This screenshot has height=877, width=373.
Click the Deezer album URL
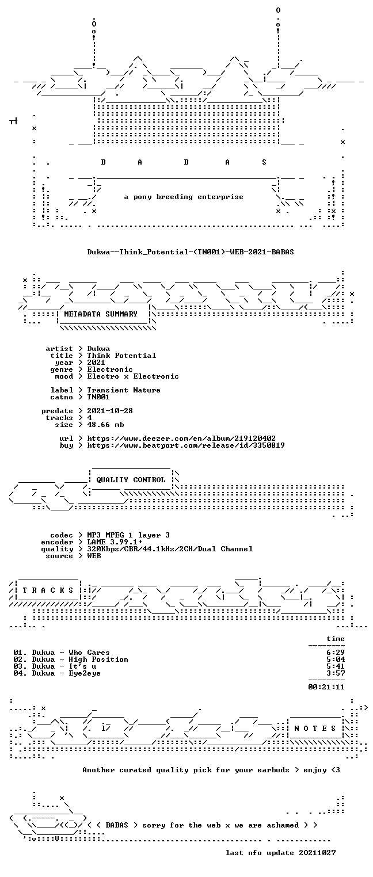click(x=181, y=439)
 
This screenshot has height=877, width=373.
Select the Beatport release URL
click(x=186, y=445)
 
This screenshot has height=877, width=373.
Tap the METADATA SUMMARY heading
click(x=101, y=314)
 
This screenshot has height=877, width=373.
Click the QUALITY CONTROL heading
click(x=131, y=480)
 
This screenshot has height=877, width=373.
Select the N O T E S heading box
click(x=315, y=729)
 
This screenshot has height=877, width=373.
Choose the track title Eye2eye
click(x=85, y=673)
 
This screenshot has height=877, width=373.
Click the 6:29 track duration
click(x=336, y=653)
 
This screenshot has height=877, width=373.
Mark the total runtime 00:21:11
click(x=326, y=687)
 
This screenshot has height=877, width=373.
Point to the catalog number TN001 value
click(x=98, y=397)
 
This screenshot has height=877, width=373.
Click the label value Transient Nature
click(x=124, y=390)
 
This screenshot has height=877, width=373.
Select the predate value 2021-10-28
click(x=110, y=411)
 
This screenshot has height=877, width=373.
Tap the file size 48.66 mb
click(x=105, y=425)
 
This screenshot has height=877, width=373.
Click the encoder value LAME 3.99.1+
click(x=115, y=542)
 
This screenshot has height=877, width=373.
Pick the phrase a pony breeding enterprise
click(x=184, y=197)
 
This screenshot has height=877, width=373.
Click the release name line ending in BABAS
click(x=191, y=252)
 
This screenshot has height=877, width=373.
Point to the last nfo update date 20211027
click(x=317, y=853)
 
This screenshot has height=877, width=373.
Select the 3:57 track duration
click(x=336, y=673)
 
